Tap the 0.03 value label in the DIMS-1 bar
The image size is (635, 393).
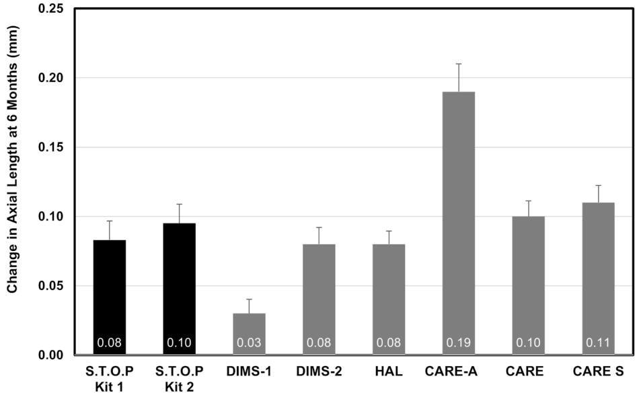249,343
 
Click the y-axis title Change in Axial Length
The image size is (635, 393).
12,160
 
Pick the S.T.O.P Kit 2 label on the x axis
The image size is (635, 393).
179,378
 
